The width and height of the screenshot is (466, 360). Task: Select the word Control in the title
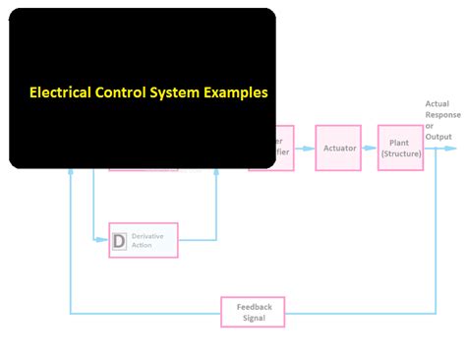point(129,94)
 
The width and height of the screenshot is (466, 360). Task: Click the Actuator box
point(339,148)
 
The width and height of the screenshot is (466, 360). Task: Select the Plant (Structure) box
point(400,148)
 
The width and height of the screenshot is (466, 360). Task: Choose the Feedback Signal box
point(254,312)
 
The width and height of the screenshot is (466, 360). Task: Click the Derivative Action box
point(143,240)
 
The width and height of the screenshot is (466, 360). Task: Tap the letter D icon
point(119,240)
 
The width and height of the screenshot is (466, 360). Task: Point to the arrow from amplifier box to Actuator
point(305,148)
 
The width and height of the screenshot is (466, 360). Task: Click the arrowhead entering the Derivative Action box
point(104,240)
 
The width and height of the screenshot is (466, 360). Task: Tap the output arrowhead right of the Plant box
point(451,148)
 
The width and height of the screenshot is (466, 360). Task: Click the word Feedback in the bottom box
point(254,307)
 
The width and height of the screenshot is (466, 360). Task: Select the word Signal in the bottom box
point(254,318)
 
